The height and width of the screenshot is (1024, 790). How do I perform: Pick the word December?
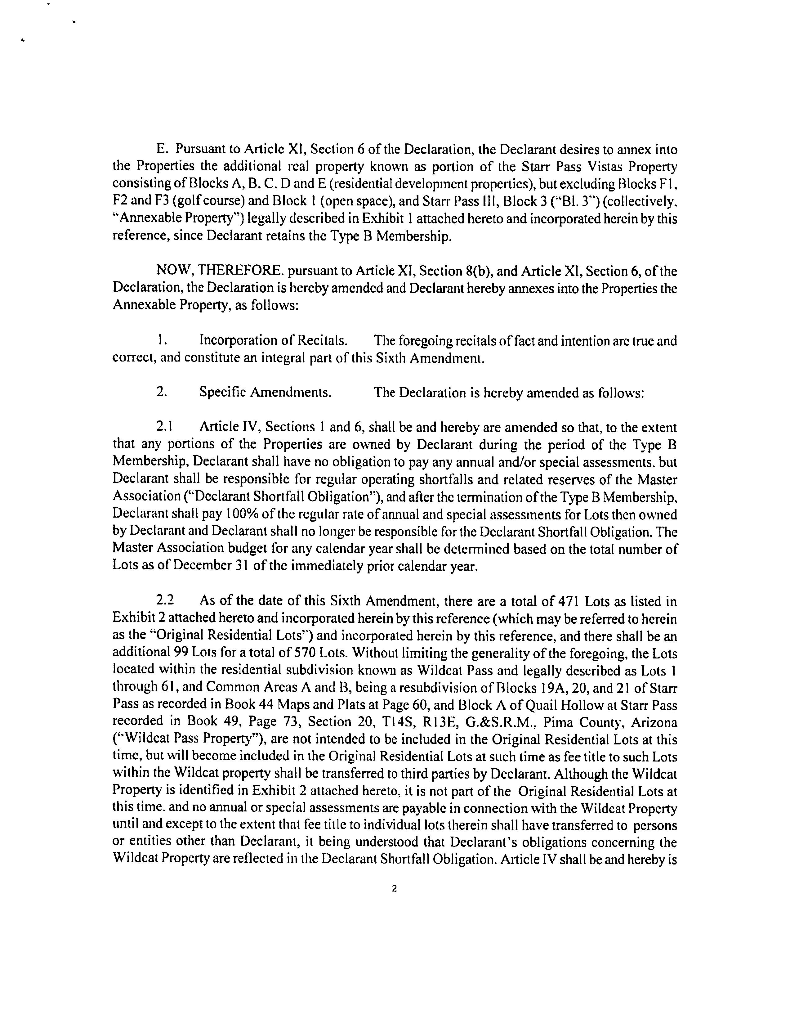tap(205, 566)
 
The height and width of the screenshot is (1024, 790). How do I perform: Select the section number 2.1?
tap(165, 427)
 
